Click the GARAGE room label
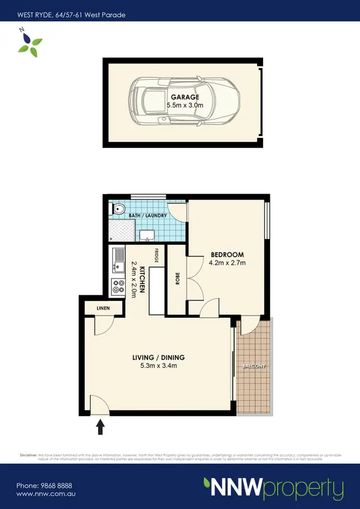tap(185, 97)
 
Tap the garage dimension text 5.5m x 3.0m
tap(185, 105)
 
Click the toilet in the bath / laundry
tap(119, 209)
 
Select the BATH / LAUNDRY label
tap(148, 216)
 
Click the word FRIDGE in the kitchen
tap(156, 256)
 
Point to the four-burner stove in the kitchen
tap(118, 287)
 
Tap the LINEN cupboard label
tap(103, 308)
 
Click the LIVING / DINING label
tap(158, 357)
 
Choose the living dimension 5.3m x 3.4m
tap(158, 366)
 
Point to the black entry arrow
tap(101, 426)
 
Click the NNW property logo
tap(274, 488)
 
